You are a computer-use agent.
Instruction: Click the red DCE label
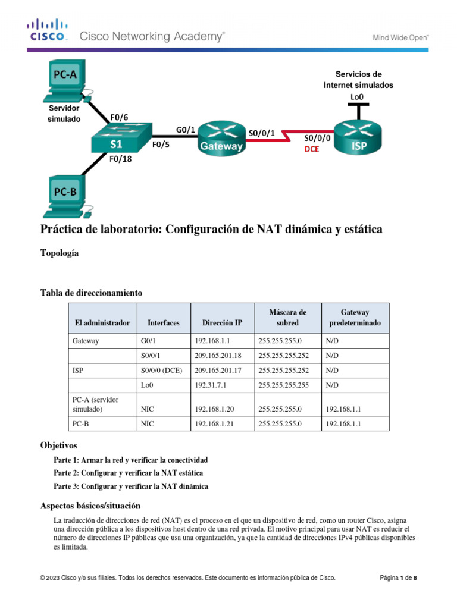click(x=312, y=150)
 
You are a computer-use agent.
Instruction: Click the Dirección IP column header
click(x=222, y=323)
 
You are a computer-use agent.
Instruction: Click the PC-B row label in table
click(x=82, y=424)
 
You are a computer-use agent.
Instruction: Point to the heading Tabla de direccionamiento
click(x=91, y=293)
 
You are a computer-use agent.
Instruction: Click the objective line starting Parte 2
click(x=128, y=473)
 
